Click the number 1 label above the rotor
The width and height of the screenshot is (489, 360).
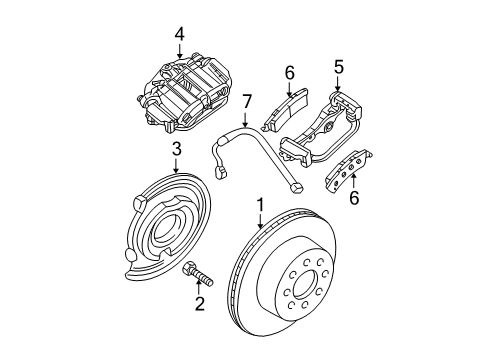259,206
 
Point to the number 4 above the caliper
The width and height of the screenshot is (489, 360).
179,34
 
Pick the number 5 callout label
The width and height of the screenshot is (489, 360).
338,68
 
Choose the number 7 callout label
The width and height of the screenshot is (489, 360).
247,100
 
